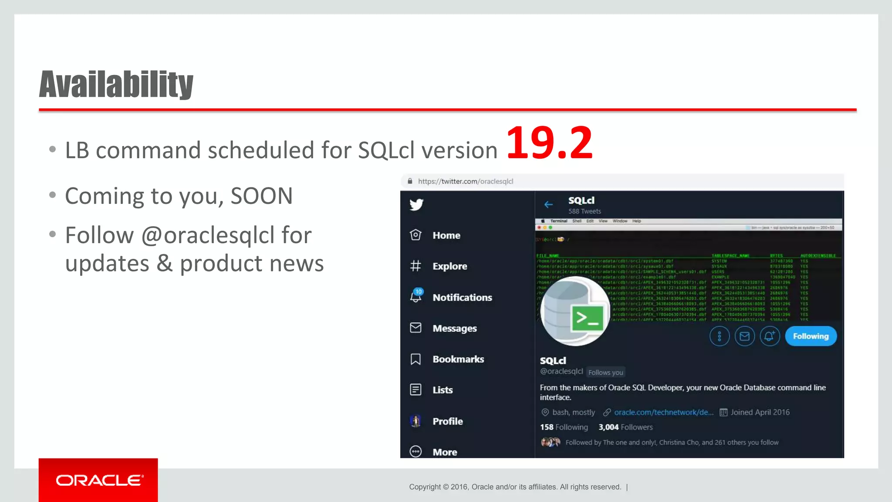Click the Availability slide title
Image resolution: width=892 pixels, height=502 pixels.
coord(116,84)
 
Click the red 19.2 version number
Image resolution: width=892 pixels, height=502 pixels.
coord(549,142)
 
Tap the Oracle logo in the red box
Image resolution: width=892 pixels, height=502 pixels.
coord(99,480)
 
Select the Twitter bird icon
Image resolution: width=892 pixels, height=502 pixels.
coord(416,204)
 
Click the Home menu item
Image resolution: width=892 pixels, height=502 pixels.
coord(446,235)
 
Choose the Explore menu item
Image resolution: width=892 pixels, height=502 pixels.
coord(449,266)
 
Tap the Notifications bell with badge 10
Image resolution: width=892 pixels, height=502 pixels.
coord(416,296)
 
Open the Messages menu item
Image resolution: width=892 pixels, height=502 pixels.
coord(454,328)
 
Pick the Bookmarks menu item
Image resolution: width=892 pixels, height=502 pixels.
coord(458,359)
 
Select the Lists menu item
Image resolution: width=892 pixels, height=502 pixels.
coord(442,390)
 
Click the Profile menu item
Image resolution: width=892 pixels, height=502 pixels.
coord(447,421)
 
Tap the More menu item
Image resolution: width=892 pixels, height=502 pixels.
coord(444,452)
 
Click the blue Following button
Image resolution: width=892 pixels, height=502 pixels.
coord(811,336)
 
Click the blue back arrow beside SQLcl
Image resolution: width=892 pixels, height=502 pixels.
coord(548,204)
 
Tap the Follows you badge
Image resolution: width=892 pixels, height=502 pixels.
coord(605,373)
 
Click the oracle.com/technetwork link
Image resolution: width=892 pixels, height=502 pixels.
coord(663,412)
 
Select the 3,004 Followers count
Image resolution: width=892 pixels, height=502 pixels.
coord(625,427)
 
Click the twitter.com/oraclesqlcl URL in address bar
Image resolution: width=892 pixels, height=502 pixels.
coord(465,181)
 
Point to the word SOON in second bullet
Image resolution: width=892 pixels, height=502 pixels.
coord(261,196)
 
